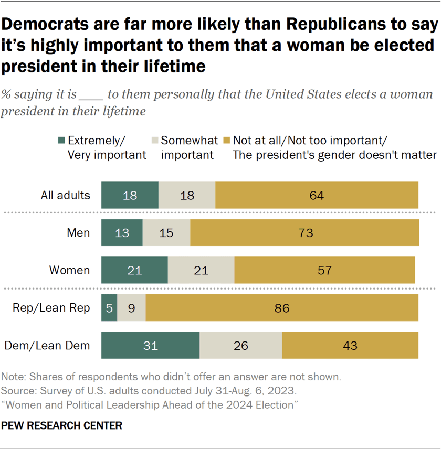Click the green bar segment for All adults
130,196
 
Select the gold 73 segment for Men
304,233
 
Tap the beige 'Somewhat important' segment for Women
201,270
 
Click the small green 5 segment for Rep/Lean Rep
109,308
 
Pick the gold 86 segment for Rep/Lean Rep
282,308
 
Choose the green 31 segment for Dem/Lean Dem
150,346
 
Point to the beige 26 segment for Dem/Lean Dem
241,346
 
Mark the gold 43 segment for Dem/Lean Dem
350,346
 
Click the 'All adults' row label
66,196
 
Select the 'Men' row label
79,233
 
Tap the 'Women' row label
69,271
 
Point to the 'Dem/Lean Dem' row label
47,346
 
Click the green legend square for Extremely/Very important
61,141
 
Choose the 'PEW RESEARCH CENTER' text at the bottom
62,425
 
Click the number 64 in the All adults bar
317,196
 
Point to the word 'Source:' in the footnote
17,391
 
